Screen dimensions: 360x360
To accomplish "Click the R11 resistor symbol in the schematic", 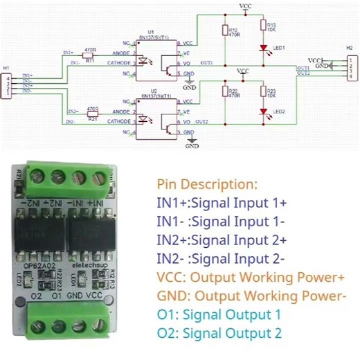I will pyautogui.click(x=90, y=55).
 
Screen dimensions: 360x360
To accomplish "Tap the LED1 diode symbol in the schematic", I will pyautogui.click(x=263, y=48).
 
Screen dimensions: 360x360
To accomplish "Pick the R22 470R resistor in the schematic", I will pyautogui.click(x=224, y=92).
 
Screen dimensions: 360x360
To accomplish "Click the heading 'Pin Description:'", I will pyautogui.click(x=206, y=185).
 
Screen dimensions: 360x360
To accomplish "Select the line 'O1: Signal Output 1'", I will pyautogui.click(x=215, y=314).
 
